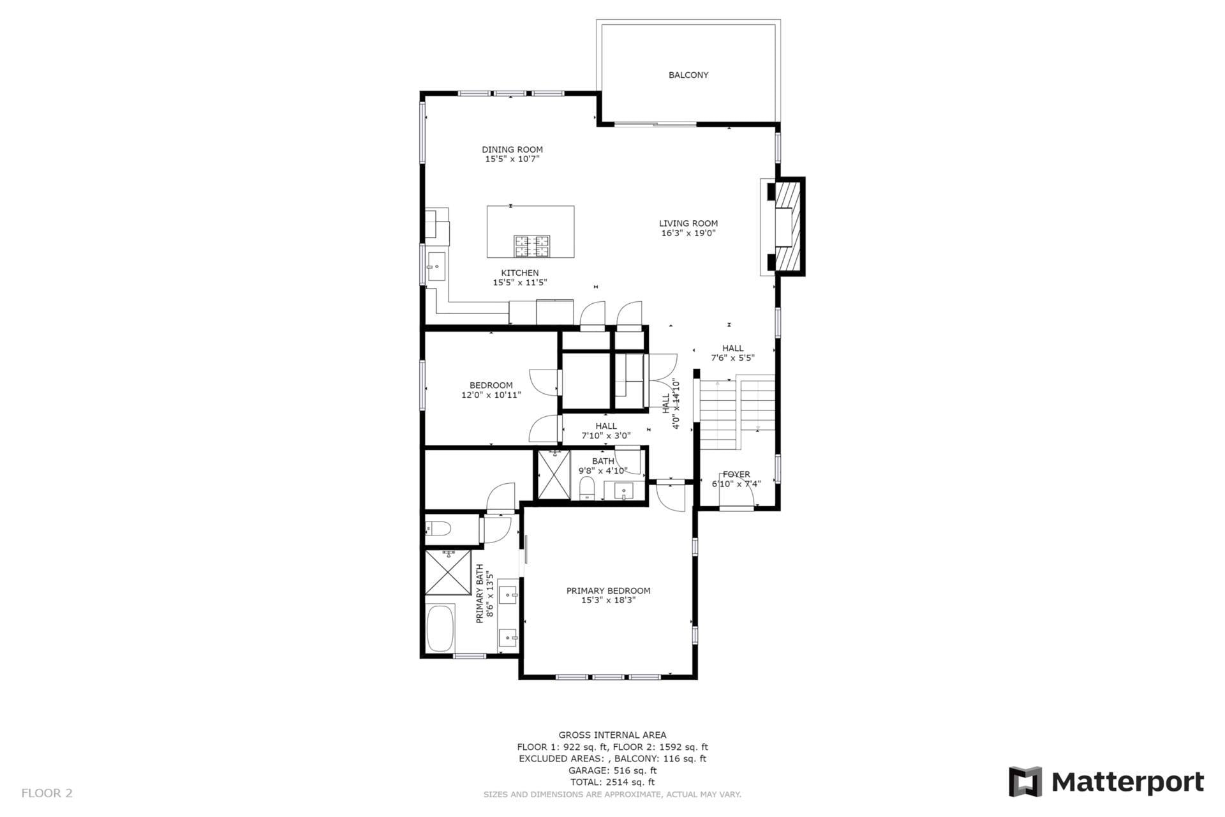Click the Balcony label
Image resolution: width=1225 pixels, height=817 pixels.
coord(688,75)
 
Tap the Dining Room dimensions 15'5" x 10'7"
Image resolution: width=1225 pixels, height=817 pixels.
coord(512,159)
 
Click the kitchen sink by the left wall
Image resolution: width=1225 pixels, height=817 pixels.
coord(437,266)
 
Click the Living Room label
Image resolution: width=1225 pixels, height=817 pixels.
coord(688,223)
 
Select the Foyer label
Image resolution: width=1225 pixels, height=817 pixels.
coord(736,474)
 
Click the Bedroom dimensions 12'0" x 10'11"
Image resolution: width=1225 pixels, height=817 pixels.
coord(491,395)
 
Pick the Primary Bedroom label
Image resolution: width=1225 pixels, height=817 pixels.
coord(608,590)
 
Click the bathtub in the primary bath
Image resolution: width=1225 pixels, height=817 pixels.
coord(440,629)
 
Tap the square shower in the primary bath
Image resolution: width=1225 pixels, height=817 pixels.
coord(448,573)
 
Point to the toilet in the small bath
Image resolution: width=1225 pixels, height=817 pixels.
coord(586,490)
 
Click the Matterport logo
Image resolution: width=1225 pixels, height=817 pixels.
coord(1106,781)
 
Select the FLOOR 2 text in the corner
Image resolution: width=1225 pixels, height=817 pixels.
coord(47,793)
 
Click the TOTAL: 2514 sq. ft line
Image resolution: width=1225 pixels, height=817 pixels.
coord(612,782)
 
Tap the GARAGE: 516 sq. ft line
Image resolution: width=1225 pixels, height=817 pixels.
coord(612,770)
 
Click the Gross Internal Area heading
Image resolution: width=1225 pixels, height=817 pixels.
coord(612,735)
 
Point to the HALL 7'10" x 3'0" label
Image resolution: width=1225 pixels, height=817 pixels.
coord(605,431)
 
